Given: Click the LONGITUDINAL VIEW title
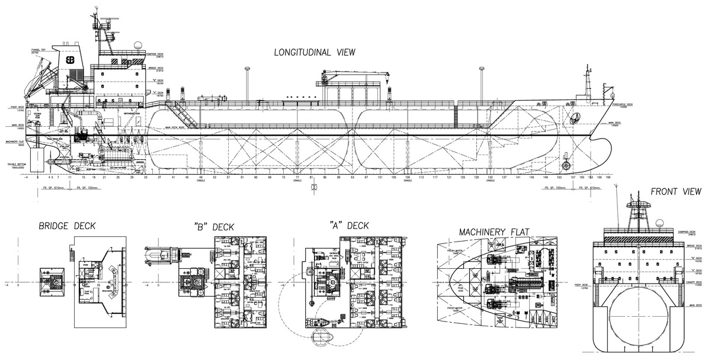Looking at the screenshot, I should pyautogui.click(x=314, y=52).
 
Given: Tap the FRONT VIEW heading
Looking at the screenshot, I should pyautogui.click(x=675, y=192).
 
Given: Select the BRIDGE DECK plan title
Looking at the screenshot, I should pyautogui.click(x=66, y=226).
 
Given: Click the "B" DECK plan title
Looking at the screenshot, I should pyautogui.click(x=214, y=226).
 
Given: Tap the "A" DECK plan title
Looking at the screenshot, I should pyautogui.click(x=349, y=225).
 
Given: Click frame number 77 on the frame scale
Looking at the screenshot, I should pyautogui.click(x=297, y=177).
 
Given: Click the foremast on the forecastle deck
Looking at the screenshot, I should pyautogui.click(x=588, y=83).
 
